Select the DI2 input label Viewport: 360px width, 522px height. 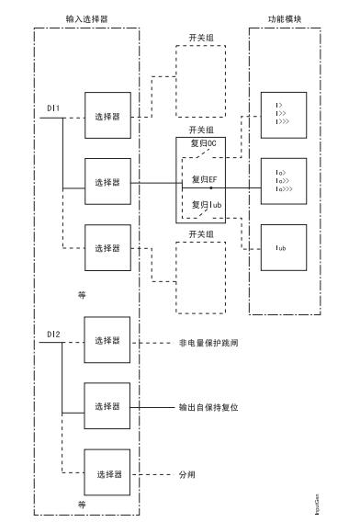coord(54,334)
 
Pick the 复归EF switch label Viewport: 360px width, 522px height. coord(203,179)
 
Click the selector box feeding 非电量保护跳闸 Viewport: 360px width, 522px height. coord(108,341)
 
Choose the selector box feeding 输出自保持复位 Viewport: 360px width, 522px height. coord(108,405)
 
